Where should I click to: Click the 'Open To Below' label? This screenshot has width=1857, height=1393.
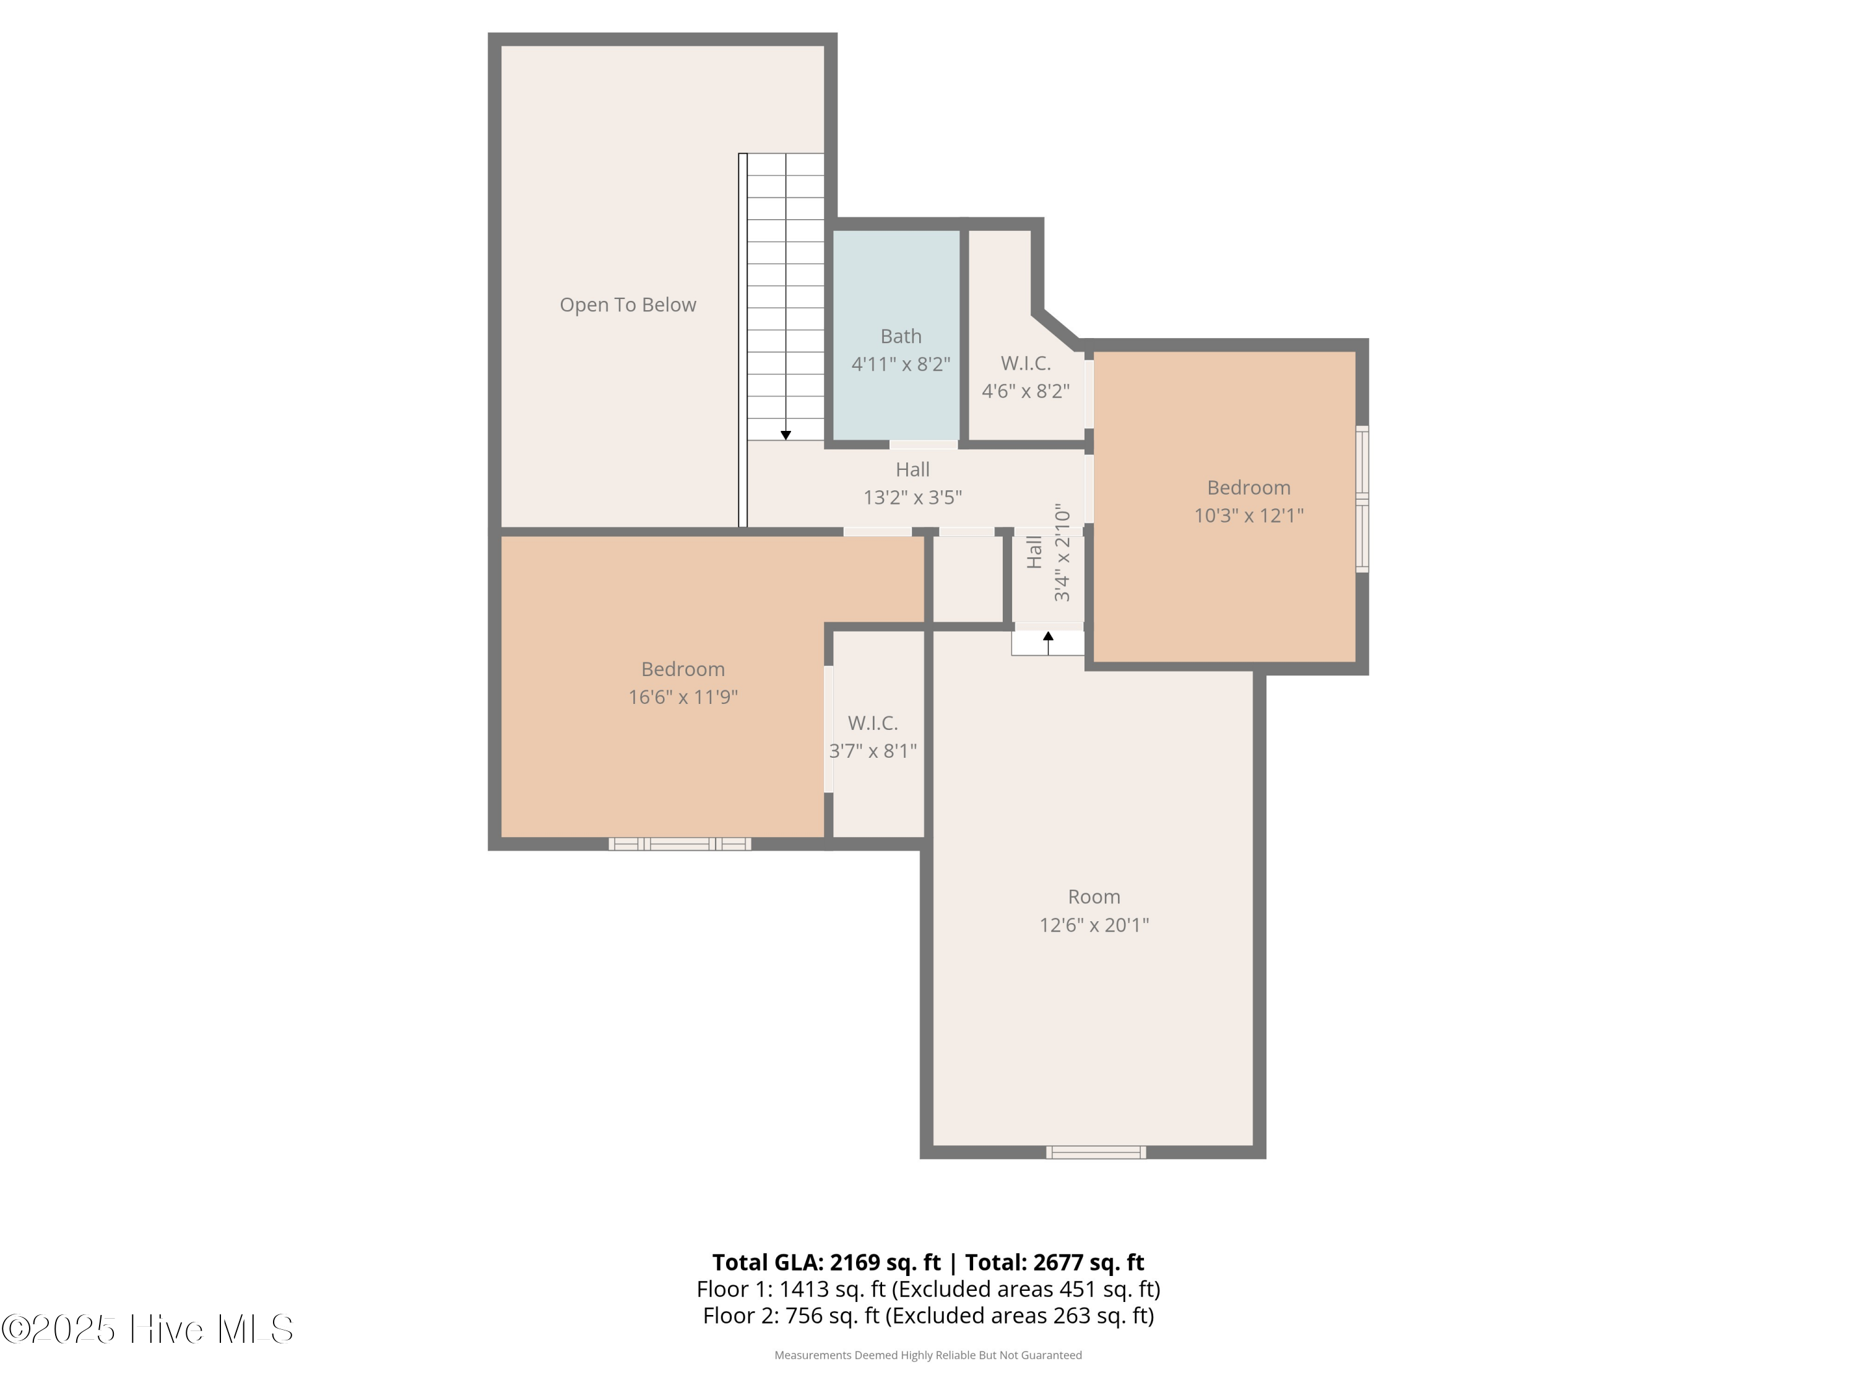pyautogui.click(x=628, y=305)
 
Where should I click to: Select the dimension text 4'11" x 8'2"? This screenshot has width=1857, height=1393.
pyautogui.click(x=901, y=363)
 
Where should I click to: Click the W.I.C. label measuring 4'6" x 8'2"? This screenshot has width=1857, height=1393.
pyautogui.click(x=1026, y=363)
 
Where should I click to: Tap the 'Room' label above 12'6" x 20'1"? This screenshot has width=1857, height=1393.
pyautogui.click(x=1094, y=896)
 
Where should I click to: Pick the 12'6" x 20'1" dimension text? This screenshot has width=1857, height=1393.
pyautogui.click(x=1094, y=924)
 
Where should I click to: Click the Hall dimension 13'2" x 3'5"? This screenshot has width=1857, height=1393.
pyautogui.click(x=912, y=497)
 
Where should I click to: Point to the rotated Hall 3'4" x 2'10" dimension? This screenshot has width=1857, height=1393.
pyautogui.click(x=1062, y=552)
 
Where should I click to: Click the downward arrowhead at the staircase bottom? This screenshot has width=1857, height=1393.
pyautogui.click(x=786, y=435)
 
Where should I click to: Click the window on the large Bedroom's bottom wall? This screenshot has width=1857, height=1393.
pyautogui.click(x=680, y=844)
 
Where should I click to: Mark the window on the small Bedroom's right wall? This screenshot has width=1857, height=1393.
pyautogui.click(x=1362, y=499)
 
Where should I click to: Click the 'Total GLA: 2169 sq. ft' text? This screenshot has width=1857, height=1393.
pyautogui.click(x=826, y=1262)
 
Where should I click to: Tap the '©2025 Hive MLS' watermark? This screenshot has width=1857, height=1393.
pyautogui.click(x=148, y=1329)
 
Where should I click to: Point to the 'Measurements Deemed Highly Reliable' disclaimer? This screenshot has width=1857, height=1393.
pyautogui.click(x=928, y=1355)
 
